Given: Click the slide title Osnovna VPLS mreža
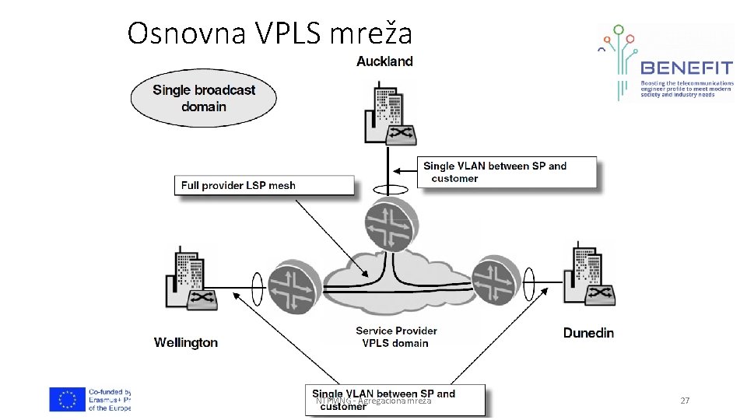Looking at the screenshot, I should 269,33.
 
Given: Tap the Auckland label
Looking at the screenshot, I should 384,61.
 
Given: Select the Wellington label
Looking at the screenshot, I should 186,342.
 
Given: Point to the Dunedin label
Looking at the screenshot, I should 588,333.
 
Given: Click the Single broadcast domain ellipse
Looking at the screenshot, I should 204,98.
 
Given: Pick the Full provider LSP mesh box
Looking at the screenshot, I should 264,185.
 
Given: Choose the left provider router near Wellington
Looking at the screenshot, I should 293,287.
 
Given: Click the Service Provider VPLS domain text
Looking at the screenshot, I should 396,337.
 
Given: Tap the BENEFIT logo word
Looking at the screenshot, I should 686,68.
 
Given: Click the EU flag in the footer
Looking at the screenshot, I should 68,399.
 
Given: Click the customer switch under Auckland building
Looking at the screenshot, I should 402,135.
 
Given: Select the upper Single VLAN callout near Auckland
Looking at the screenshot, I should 508,172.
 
